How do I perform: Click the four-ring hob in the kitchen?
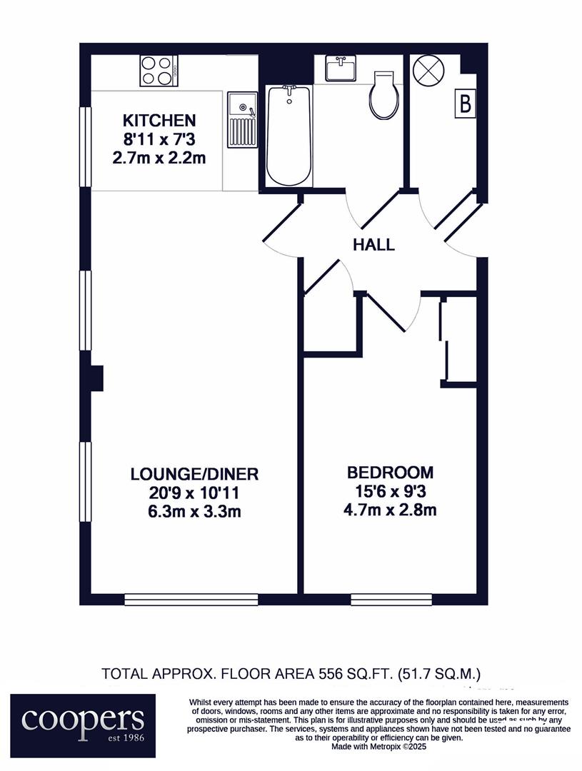[x=159, y=70]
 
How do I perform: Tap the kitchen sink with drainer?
[x=242, y=119]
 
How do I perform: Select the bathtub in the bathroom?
[x=289, y=136]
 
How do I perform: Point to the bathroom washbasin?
[x=341, y=68]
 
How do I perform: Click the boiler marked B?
[x=465, y=104]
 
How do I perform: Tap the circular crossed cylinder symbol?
[x=428, y=70]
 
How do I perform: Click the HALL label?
[x=374, y=244]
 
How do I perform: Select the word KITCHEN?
[x=159, y=120]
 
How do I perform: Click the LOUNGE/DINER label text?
[x=194, y=474]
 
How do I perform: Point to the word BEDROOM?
[x=391, y=473]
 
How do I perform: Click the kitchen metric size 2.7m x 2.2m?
[x=159, y=158]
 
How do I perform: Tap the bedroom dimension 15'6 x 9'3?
[x=390, y=491]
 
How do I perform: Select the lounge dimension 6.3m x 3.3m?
[x=194, y=512]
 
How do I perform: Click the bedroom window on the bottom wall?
[x=391, y=600]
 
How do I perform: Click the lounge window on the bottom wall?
[x=191, y=600]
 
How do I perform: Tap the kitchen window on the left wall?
[x=86, y=147]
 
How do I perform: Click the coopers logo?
[x=83, y=725]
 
